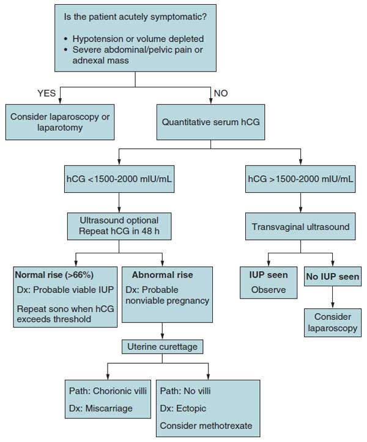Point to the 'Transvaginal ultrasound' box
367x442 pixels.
[x=299, y=226]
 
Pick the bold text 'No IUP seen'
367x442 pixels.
[x=332, y=276]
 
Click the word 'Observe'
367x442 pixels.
[x=268, y=289]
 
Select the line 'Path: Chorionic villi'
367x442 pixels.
[x=105, y=389]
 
